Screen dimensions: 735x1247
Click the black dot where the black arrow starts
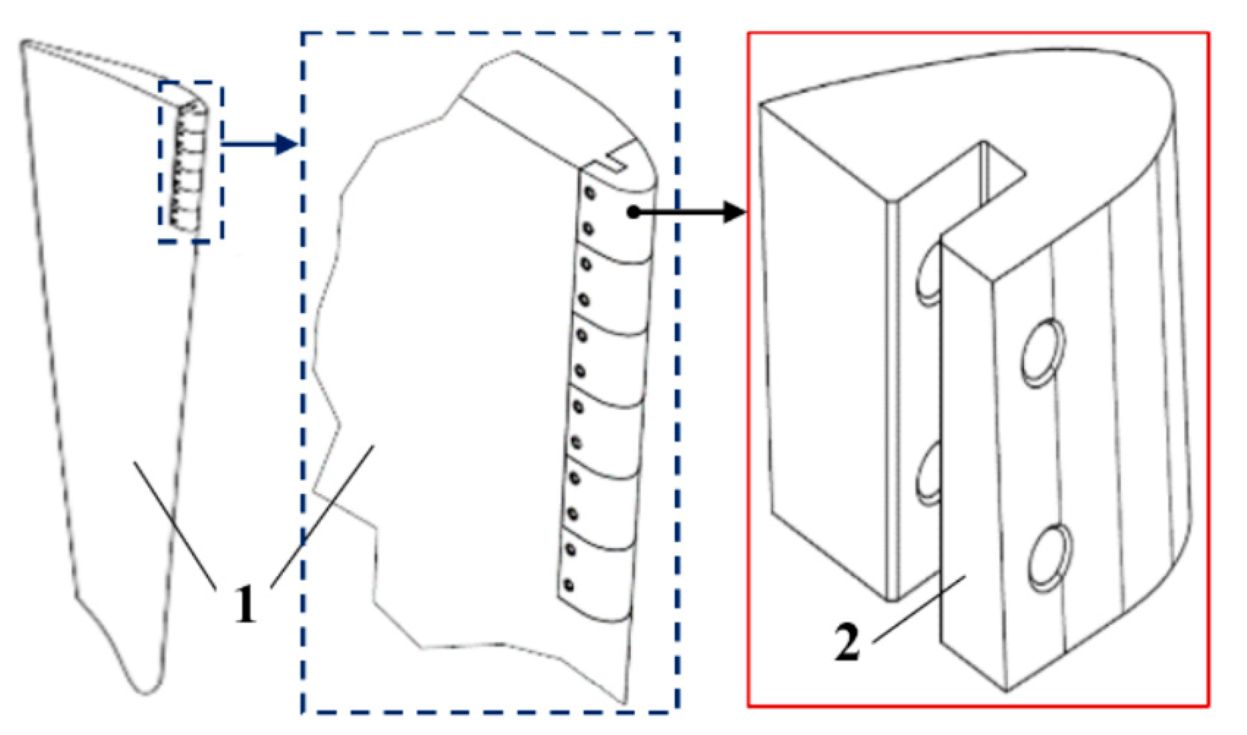[634, 212]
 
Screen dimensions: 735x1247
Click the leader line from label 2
[918, 609]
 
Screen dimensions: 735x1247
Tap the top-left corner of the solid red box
[749, 33]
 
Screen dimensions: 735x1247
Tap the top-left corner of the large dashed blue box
[303, 33]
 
